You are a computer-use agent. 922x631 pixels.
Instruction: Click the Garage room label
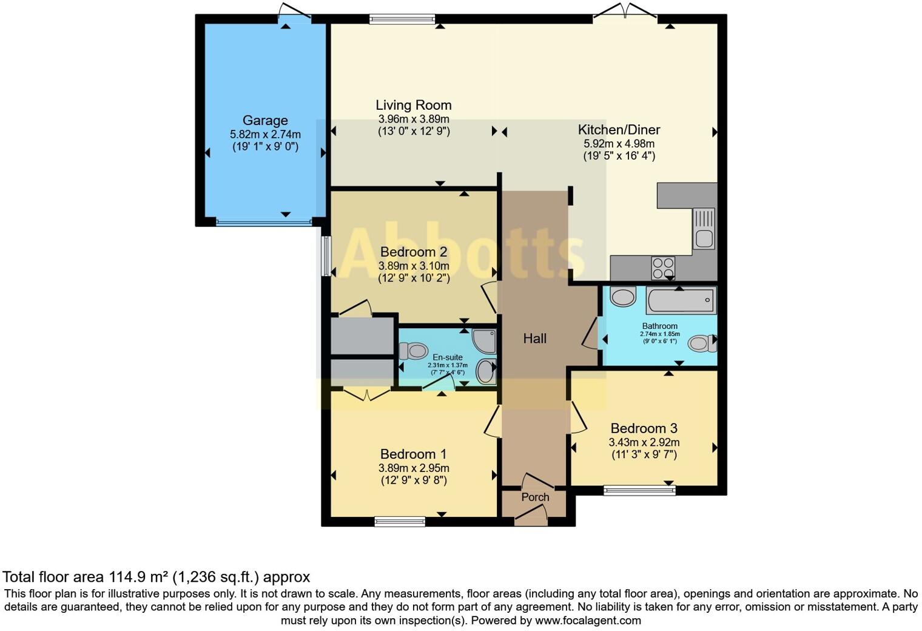point(265,120)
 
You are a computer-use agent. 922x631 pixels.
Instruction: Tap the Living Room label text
point(414,106)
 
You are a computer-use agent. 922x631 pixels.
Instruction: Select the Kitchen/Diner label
point(619,130)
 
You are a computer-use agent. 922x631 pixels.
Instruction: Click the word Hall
point(534,339)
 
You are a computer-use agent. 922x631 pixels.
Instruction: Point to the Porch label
point(535,497)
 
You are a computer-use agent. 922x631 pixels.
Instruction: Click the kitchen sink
point(704,229)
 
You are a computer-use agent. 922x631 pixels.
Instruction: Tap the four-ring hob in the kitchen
point(663,268)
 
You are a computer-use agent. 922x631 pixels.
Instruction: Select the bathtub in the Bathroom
point(681,300)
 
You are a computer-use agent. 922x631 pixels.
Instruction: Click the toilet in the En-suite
point(413,351)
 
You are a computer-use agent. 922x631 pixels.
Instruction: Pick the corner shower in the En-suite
point(484,341)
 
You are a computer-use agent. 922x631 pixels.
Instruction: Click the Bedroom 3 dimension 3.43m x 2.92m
point(644,442)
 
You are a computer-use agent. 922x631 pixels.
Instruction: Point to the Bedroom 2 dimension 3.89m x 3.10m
point(414,266)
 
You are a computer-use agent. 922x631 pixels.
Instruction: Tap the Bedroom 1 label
point(413,454)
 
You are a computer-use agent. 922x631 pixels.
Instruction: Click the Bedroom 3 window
point(639,490)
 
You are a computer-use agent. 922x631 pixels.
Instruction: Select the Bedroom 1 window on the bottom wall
point(400,522)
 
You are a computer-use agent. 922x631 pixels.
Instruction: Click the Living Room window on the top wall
point(402,19)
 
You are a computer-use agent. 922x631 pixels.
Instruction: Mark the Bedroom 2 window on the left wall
point(326,255)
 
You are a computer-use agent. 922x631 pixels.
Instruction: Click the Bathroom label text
point(660,326)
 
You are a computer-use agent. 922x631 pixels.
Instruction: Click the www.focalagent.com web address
point(588,620)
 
